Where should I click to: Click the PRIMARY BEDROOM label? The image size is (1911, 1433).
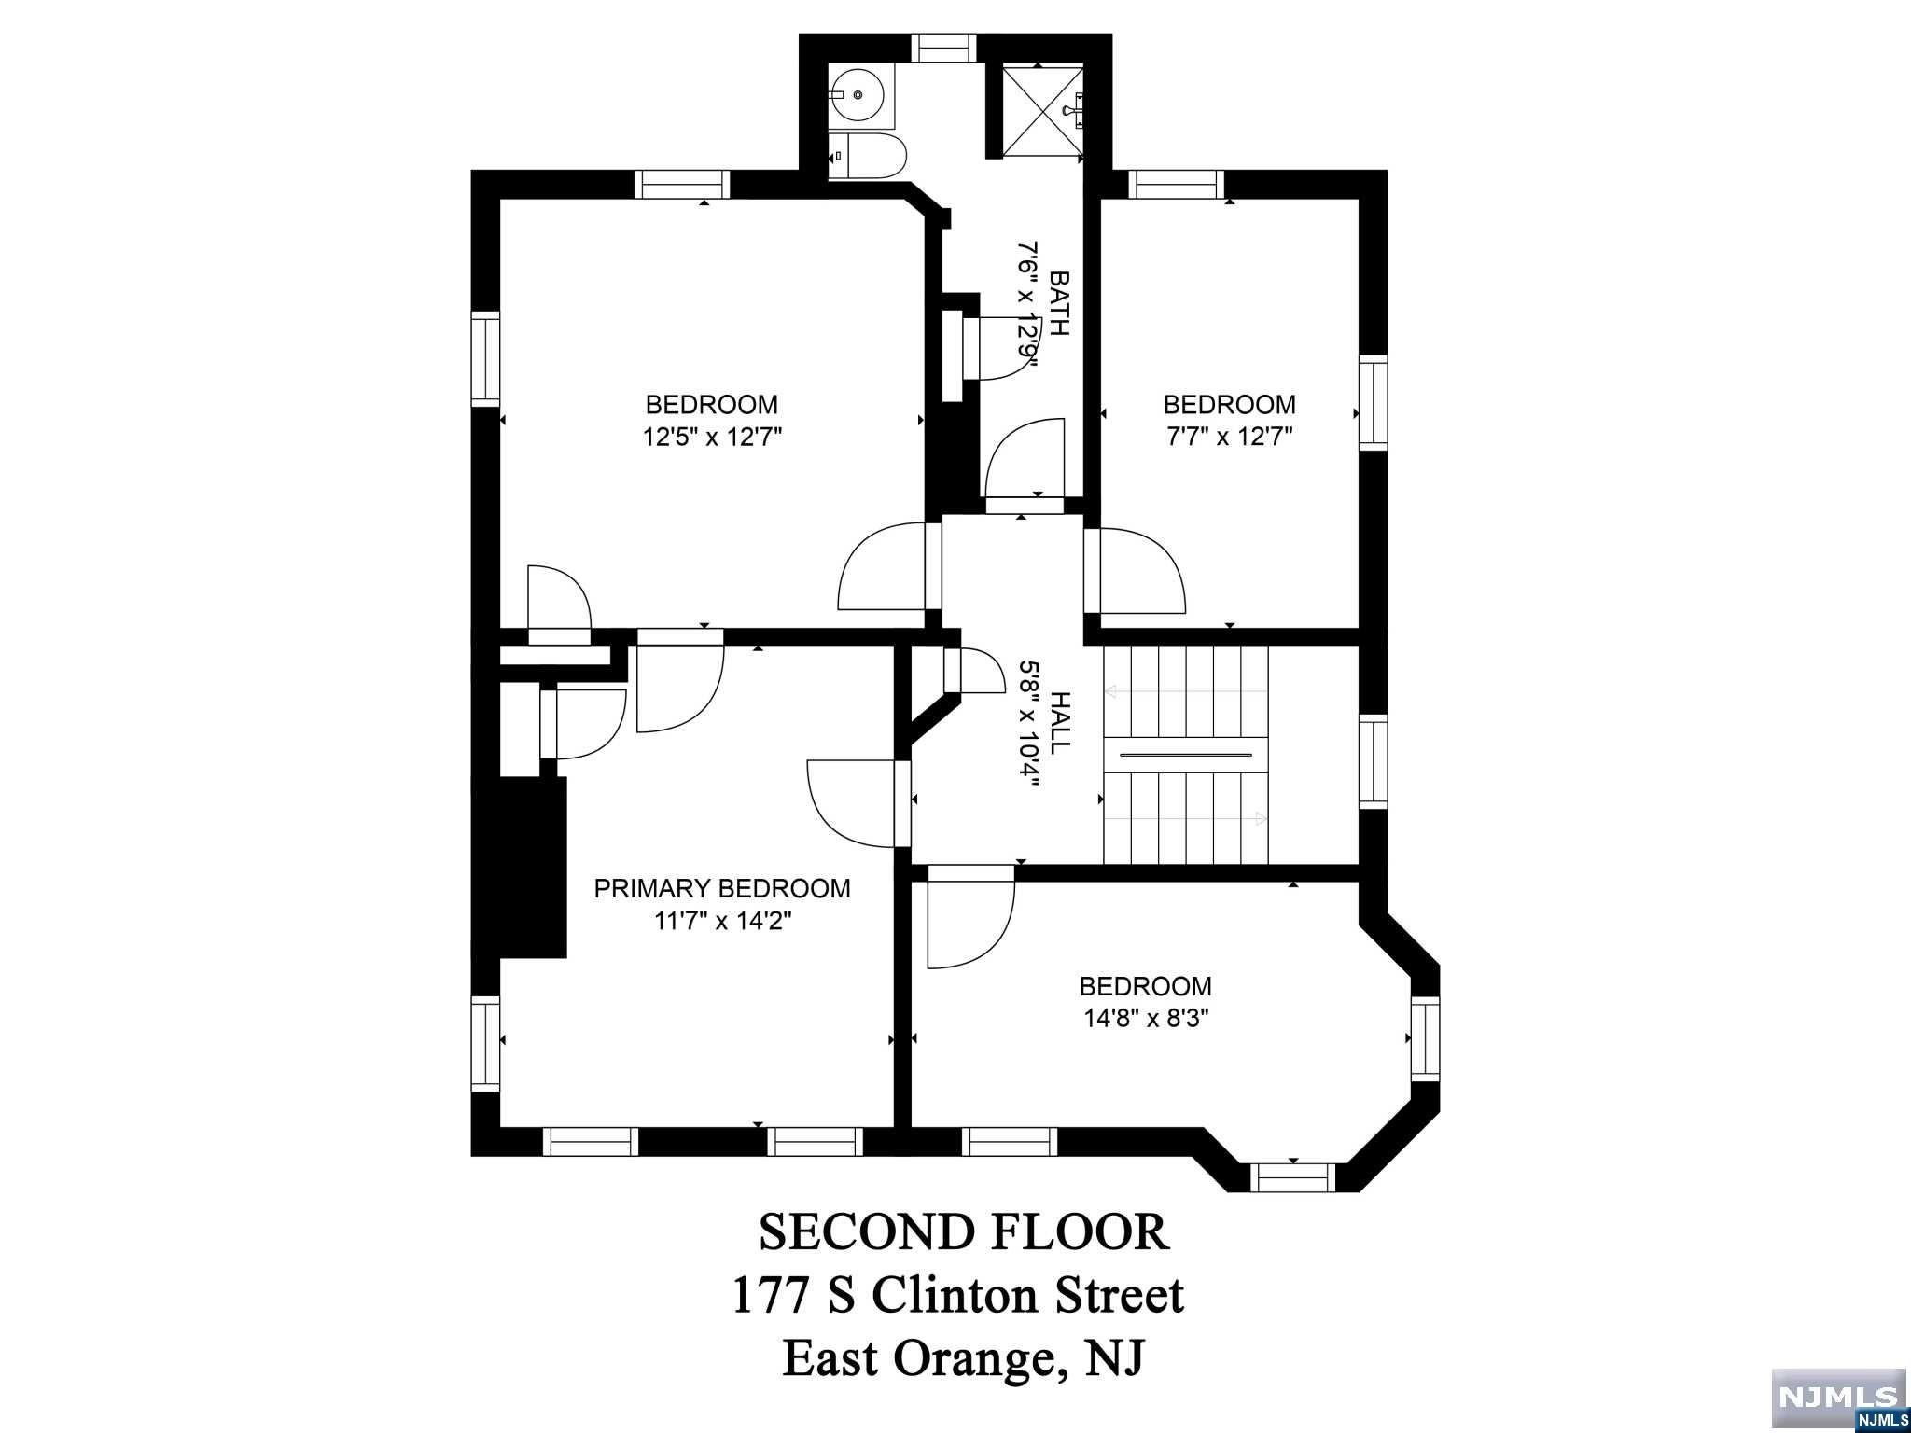coord(722,888)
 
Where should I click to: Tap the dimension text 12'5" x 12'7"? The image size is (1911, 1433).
coord(711,437)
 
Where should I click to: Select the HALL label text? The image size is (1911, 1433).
coord(1060,723)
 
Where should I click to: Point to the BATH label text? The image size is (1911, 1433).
coord(1060,302)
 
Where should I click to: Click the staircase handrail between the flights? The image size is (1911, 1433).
coord(1186,754)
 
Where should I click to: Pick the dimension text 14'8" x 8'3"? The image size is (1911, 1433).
coord(1146,1016)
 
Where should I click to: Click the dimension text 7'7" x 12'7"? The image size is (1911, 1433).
coord(1229,437)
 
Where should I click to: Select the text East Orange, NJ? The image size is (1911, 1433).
coord(963,1357)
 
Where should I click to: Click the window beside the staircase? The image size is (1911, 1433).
coord(1373,760)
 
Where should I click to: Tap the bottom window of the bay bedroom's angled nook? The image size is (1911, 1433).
coord(1292,1177)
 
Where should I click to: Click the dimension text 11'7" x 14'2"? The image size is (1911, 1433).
coord(722,921)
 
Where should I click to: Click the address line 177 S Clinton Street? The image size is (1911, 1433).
coord(957,1295)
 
